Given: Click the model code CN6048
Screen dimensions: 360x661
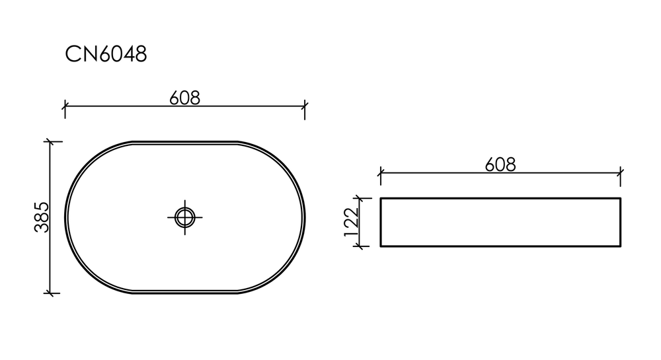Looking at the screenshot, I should point(106,54).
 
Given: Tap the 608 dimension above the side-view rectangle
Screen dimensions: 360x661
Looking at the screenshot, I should point(500,164).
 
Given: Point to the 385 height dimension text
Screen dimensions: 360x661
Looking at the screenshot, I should point(42,217).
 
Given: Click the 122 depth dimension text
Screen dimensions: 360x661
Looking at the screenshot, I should point(350,222).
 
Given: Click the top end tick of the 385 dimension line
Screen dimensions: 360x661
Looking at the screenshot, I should point(51,141).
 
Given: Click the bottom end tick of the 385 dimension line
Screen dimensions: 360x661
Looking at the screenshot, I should point(51,293).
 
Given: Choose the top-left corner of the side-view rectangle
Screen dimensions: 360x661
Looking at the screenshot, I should point(380,198).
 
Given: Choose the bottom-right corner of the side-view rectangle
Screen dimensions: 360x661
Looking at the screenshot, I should point(620,246).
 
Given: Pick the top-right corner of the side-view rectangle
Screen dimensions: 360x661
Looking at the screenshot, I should point(620,198).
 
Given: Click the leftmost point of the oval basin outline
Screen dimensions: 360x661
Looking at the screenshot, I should point(65,217).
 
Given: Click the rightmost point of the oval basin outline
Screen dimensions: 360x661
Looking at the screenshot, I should point(305,217).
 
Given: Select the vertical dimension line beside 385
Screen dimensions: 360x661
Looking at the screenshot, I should point(51,251).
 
